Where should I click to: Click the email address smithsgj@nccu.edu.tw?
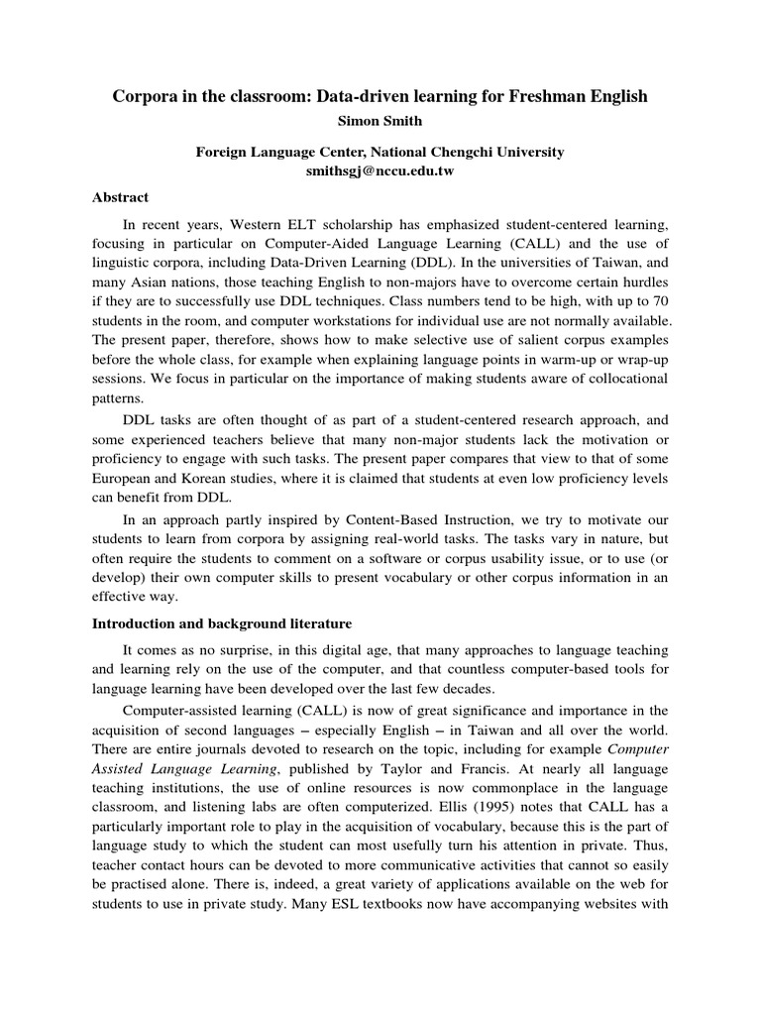(x=380, y=170)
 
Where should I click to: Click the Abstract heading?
(x=119, y=197)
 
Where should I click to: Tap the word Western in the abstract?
(x=259, y=226)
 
